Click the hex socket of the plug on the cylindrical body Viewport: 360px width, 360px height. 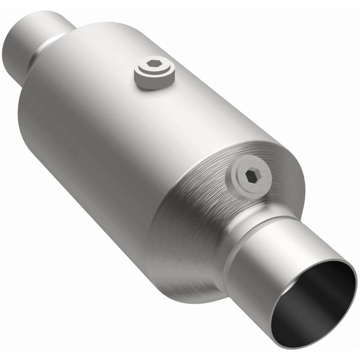(154, 64)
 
